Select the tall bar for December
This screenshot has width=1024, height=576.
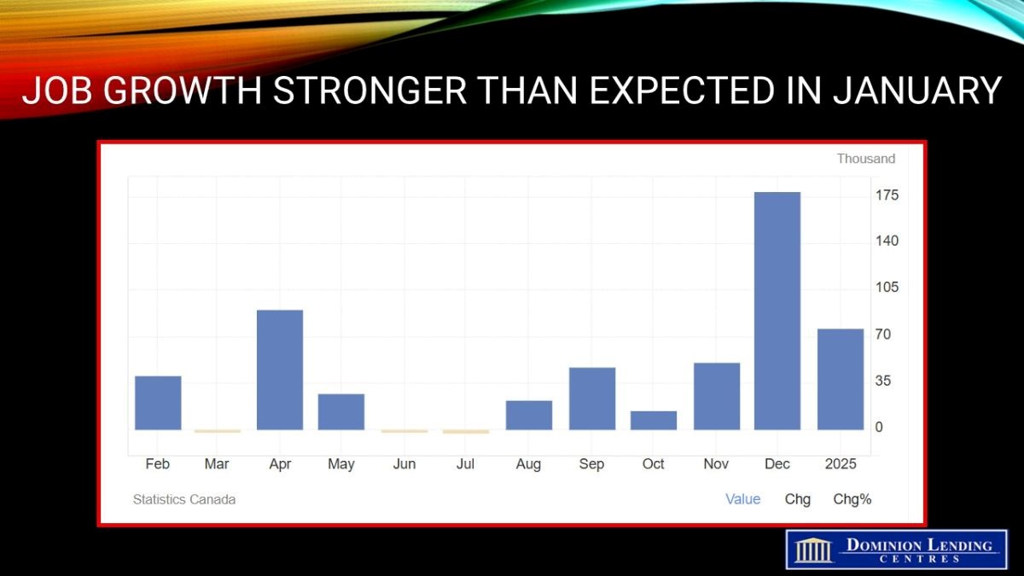point(777,311)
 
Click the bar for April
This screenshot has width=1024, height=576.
point(280,369)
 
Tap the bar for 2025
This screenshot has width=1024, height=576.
point(841,380)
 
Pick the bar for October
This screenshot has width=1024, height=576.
point(654,421)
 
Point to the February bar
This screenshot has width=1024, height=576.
point(158,403)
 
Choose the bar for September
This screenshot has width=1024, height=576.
point(592,399)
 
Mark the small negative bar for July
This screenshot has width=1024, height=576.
point(466,432)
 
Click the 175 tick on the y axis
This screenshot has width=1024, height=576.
point(887,195)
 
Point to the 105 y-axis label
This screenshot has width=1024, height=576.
point(887,287)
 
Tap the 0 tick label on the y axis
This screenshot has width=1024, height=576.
point(879,427)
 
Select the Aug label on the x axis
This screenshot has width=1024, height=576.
point(528,464)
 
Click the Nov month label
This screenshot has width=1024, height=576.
point(716,464)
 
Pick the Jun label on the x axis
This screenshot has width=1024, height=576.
point(404,464)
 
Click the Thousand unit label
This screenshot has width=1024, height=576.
point(866,159)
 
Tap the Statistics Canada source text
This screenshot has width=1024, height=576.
point(184,499)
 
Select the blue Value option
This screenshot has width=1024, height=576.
point(743,498)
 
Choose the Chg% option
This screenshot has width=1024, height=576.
point(852,499)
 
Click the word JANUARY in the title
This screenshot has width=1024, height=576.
point(917,90)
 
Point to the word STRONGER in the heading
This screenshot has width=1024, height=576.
point(369,90)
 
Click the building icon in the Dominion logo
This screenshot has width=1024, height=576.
point(814,551)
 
